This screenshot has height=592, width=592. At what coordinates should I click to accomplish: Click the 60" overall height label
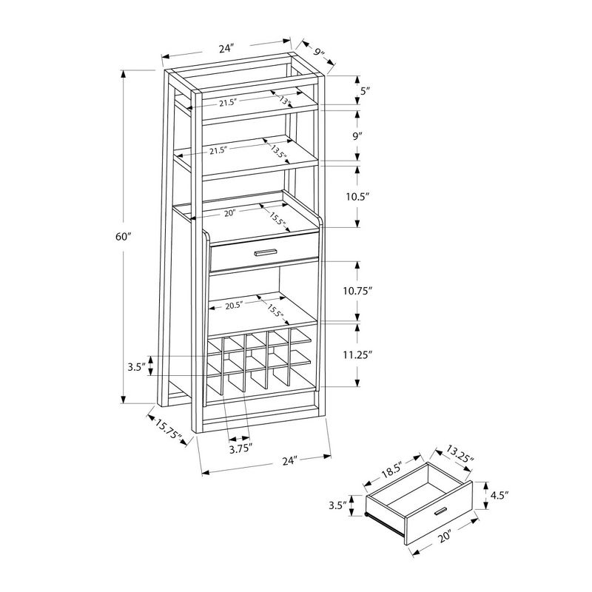[123, 237]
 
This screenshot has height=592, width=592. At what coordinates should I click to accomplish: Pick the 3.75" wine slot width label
[240, 448]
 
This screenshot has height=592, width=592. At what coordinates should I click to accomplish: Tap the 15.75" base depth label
[169, 431]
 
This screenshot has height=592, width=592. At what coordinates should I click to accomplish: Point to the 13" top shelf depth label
[284, 98]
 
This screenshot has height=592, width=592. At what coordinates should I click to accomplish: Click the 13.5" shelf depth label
[279, 152]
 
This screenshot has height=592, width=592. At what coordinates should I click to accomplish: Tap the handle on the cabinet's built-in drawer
[264, 254]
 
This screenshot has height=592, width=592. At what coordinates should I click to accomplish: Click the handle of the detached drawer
[441, 511]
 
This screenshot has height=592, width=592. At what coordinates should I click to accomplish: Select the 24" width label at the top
[226, 50]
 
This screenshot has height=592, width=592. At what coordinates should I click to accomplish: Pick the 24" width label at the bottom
[289, 460]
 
